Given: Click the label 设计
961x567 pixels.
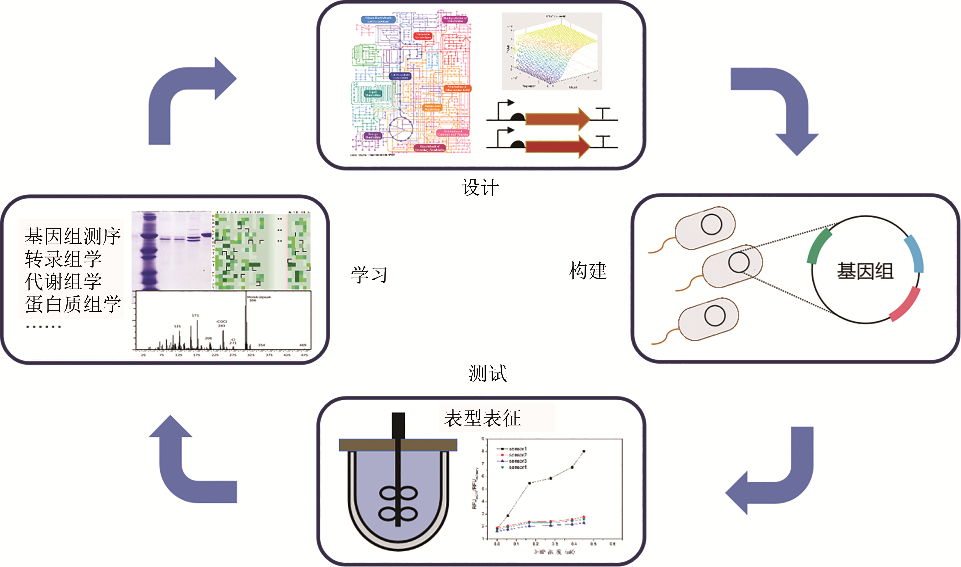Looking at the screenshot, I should (480, 188).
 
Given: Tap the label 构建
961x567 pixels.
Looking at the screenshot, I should (588, 271).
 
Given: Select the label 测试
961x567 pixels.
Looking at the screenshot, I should (488, 373).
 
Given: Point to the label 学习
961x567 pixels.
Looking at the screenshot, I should (369, 275).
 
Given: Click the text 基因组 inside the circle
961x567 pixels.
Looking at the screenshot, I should (865, 271).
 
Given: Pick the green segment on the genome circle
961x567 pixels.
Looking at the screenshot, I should (818, 247).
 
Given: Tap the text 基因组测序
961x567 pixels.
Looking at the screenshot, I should (73, 236).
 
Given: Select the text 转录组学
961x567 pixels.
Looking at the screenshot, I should (63, 259).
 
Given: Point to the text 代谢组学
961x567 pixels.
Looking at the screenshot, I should (63, 282).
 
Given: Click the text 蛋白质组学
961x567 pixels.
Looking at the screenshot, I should (73, 304).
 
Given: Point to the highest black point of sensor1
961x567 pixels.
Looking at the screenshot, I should (584, 451).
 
